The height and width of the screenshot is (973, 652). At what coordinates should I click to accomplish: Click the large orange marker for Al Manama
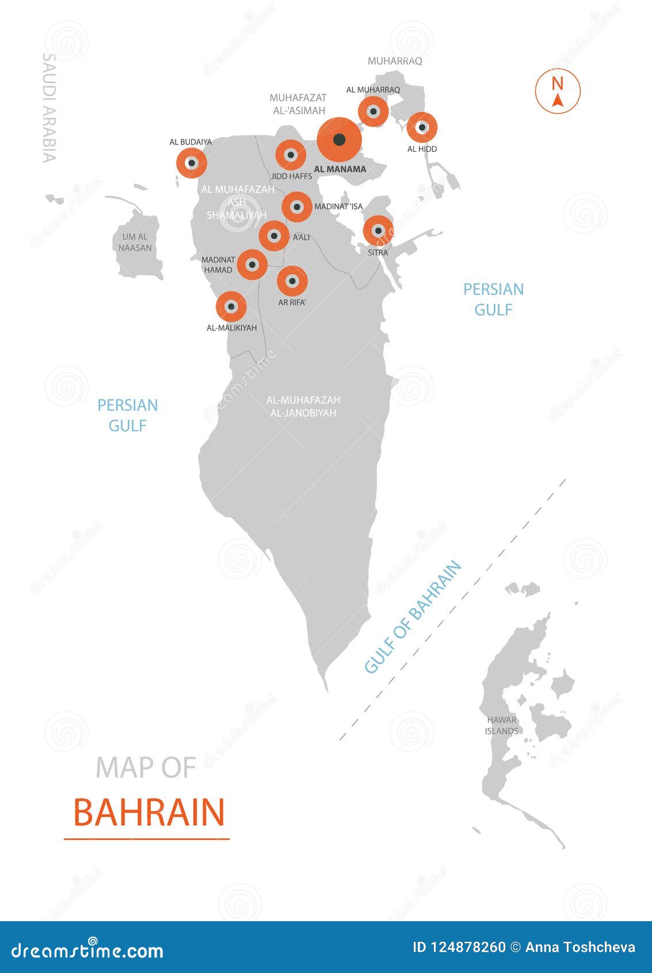pos(340,139)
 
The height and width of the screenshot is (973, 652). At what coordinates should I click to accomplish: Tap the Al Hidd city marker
pos(422,127)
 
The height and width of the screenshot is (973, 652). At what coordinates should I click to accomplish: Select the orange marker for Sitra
pos(378,231)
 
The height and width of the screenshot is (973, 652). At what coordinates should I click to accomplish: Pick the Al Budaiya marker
pos(191,163)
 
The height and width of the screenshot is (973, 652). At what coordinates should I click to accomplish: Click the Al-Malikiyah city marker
pos(231,306)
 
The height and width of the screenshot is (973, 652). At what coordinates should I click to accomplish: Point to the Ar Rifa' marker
pos(292,282)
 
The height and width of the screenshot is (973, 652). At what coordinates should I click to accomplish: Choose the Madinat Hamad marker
pos(252,264)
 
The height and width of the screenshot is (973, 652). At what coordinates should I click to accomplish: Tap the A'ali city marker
pos(274,235)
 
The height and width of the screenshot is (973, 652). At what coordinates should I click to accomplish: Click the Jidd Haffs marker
pos(291,155)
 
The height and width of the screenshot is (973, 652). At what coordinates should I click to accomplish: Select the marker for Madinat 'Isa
pos(297,207)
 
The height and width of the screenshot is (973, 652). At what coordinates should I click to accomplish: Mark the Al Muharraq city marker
pos(373,111)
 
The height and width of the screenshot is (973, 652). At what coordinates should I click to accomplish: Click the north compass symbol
pos(557,91)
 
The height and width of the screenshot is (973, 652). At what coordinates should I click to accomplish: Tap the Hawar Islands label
pos(501,725)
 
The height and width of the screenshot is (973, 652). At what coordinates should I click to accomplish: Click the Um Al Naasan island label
pos(137,242)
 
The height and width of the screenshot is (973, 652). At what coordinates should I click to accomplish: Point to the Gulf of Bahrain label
pos(413,617)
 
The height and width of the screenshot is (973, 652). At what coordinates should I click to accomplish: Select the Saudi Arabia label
pos(49,108)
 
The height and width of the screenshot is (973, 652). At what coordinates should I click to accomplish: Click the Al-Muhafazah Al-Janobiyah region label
pos(303,406)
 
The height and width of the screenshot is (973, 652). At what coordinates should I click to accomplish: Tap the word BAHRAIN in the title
pos(149,812)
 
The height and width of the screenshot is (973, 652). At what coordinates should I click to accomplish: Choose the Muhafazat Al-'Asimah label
pos(298,104)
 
